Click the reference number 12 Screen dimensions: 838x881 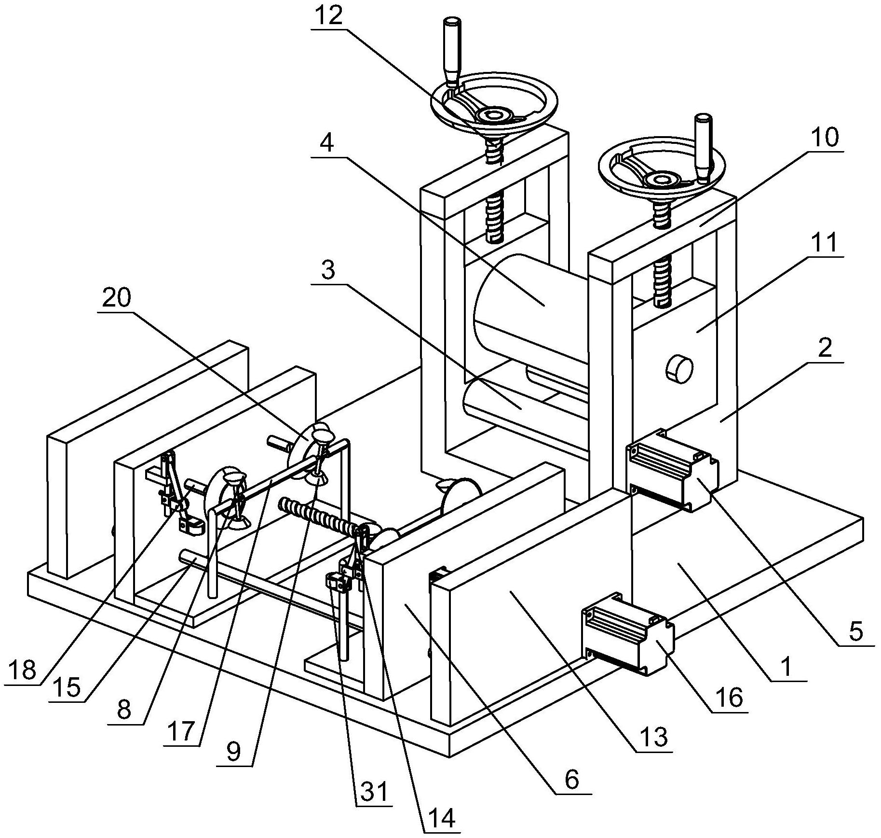point(330,16)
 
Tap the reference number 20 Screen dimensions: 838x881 point(117,298)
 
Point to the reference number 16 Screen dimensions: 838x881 point(730,698)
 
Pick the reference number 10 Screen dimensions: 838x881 point(825,138)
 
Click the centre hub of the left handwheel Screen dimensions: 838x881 point(493,115)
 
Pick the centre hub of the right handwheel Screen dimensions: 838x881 point(660,180)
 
